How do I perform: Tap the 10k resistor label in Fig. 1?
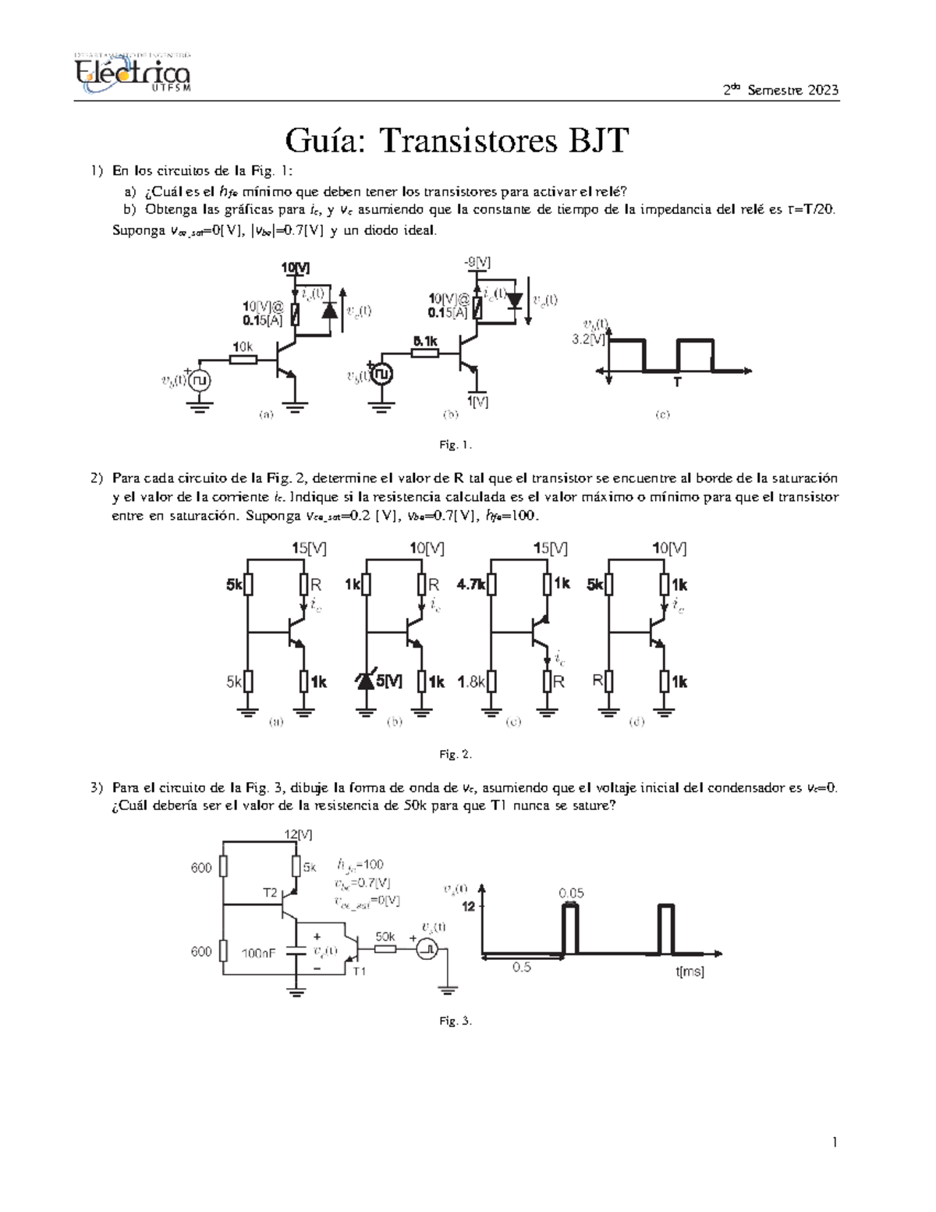(243, 346)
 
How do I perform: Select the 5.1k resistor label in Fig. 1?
(425, 341)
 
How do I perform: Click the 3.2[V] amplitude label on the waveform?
(589, 339)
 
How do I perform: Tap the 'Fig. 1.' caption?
(456, 445)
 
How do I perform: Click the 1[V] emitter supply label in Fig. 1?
(477, 401)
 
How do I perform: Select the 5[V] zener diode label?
(389, 681)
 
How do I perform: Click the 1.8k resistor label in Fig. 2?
(471, 681)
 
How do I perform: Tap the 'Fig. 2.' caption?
(456, 754)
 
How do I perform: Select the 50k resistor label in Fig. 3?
(385, 936)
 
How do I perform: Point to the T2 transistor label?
(270, 893)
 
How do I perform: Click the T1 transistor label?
(359, 972)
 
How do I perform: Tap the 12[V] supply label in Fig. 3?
(298, 834)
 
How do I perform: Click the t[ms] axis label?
(690, 972)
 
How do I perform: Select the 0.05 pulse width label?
(571, 893)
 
